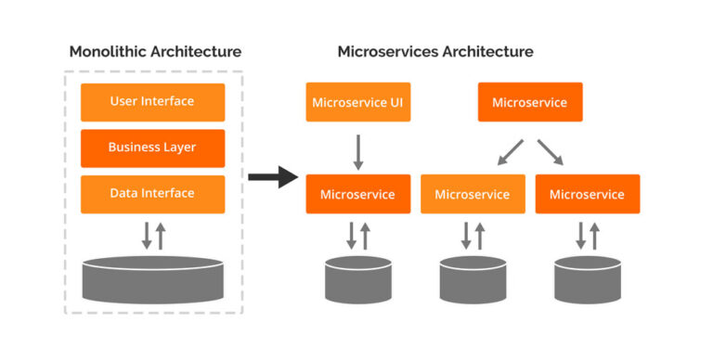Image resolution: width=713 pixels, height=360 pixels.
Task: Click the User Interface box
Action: click(x=152, y=102)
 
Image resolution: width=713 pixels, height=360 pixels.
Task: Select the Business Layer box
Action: click(x=152, y=148)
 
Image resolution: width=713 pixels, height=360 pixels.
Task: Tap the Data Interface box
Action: click(x=152, y=194)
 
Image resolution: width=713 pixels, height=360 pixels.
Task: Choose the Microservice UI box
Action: click(x=358, y=102)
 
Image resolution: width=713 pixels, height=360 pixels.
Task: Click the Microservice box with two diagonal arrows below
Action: click(x=529, y=102)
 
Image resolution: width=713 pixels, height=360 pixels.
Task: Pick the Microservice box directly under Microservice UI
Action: click(x=358, y=194)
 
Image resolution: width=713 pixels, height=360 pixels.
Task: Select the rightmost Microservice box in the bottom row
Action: click(x=587, y=194)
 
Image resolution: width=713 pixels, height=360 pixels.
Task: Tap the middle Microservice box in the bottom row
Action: click(x=473, y=194)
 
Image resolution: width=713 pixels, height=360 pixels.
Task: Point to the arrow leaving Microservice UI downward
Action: click(x=358, y=151)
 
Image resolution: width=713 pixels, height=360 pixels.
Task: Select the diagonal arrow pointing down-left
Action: click(x=510, y=152)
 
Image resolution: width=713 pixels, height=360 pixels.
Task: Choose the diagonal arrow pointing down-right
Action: click(x=550, y=152)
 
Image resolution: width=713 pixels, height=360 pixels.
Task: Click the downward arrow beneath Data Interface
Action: click(x=146, y=236)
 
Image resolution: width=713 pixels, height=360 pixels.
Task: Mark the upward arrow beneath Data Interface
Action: click(x=161, y=236)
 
